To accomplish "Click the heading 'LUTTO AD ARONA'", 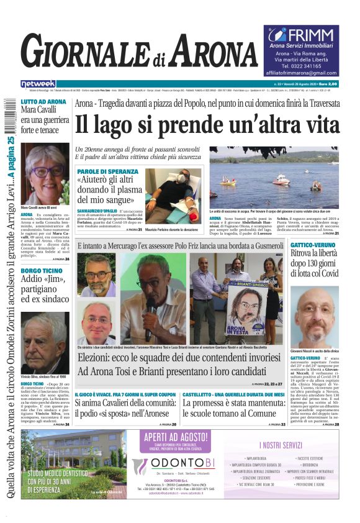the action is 43,101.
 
